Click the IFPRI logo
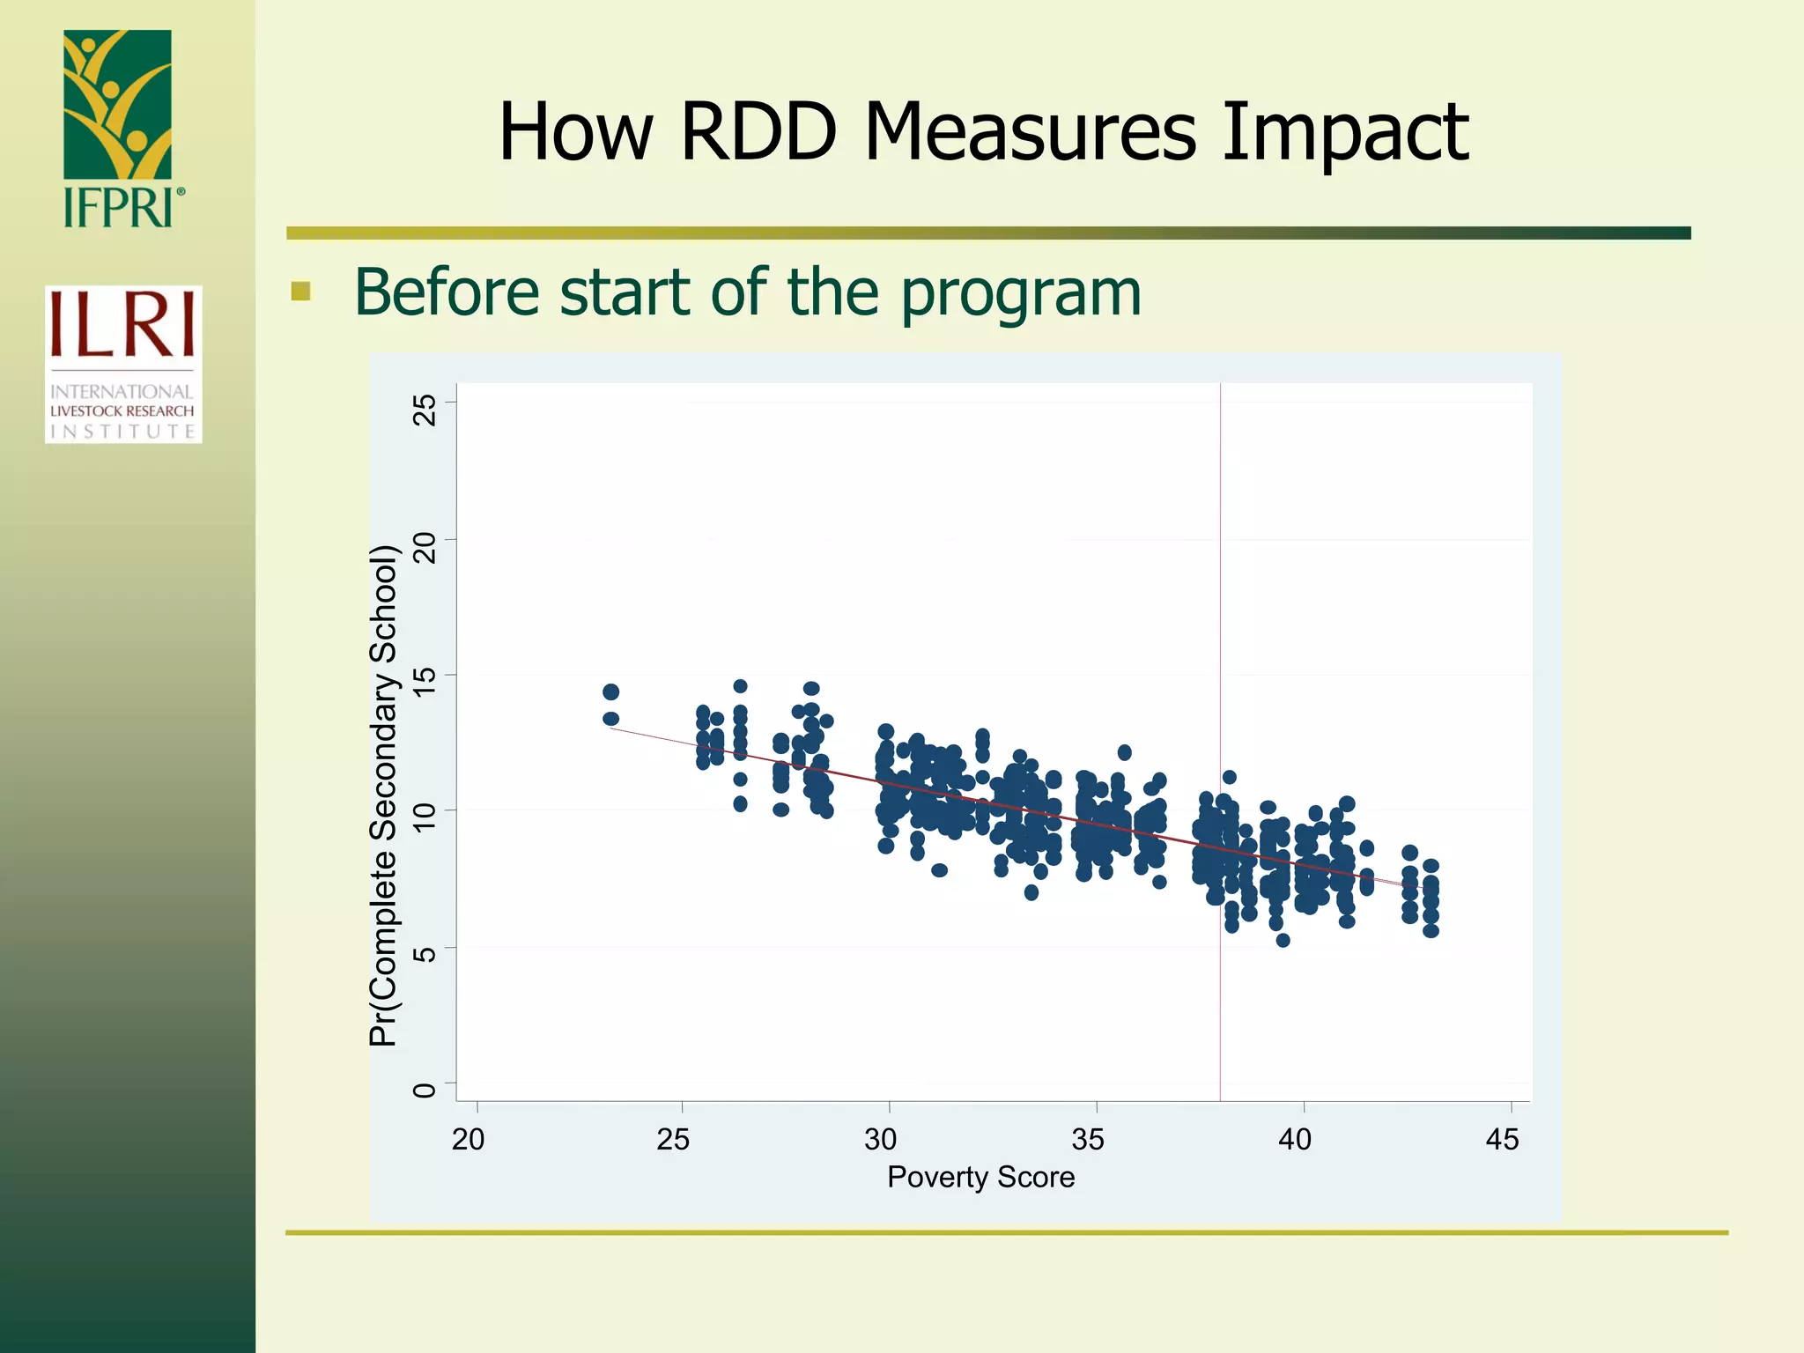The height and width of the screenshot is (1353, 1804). pyautogui.click(x=119, y=129)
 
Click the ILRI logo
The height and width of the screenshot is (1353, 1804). pyautogui.click(x=123, y=364)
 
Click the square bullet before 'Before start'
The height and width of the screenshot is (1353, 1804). pyautogui.click(x=301, y=292)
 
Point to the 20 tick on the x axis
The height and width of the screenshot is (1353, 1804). pyautogui.click(x=469, y=1139)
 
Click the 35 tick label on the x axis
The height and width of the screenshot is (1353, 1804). pyautogui.click(x=1088, y=1139)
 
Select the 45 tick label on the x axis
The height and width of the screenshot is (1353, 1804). pyautogui.click(x=1502, y=1139)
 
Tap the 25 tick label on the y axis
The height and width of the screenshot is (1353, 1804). pyautogui.click(x=425, y=410)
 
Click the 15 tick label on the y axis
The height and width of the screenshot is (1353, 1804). pyautogui.click(x=425, y=682)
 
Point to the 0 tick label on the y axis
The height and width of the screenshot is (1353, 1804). pyautogui.click(x=425, y=1091)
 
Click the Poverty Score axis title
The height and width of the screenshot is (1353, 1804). pyautogui.click(x=980, y=1177)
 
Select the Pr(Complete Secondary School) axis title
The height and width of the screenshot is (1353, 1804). pyautogui.click(x=384, y=795)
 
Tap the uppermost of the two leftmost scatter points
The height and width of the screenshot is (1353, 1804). pyautogui.click(x=610, y=691)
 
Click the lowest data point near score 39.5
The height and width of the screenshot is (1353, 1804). pyautogui.click(x=1283, y=940)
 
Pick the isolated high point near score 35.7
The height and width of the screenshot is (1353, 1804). pyautogui.click(x=1124, y=752)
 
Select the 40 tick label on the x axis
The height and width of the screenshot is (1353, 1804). pyautogui.click(x=1295, y=1139)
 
